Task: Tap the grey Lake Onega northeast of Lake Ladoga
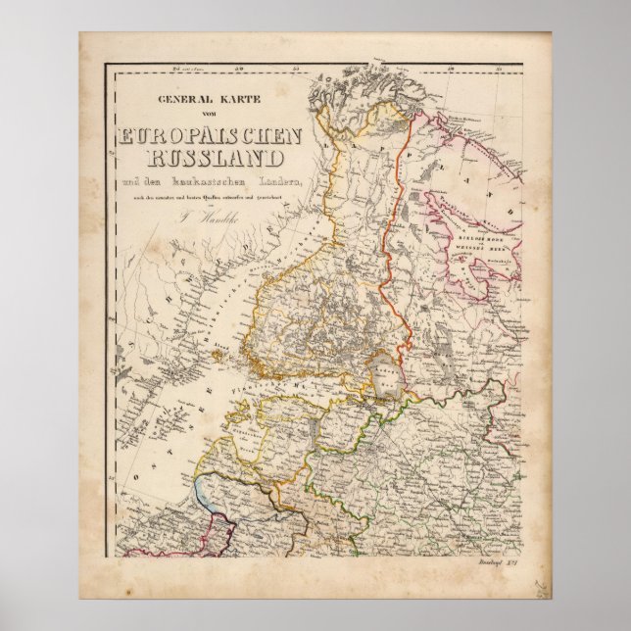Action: coord(446,333)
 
